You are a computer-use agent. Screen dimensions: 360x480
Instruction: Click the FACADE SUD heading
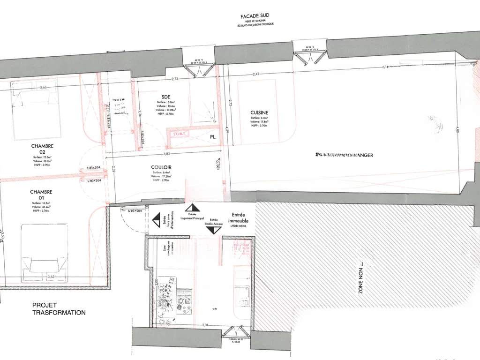(x=255, y=16)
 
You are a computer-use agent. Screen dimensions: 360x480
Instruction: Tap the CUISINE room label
(x=259, y=112)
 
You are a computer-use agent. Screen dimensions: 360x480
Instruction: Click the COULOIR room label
(x=161, y=167)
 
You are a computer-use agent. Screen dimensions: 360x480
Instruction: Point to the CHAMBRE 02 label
(x=42, y=149)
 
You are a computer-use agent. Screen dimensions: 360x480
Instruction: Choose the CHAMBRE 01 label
(x=41, y=195)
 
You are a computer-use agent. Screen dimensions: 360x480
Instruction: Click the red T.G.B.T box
(x=180, y=134)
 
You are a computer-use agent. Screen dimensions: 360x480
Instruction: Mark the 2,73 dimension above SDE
(x=174, y=79)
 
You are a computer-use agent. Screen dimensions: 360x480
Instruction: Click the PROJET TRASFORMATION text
(x=59, y=308)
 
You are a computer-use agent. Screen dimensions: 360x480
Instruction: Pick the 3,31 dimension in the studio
(x=205, y=325)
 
